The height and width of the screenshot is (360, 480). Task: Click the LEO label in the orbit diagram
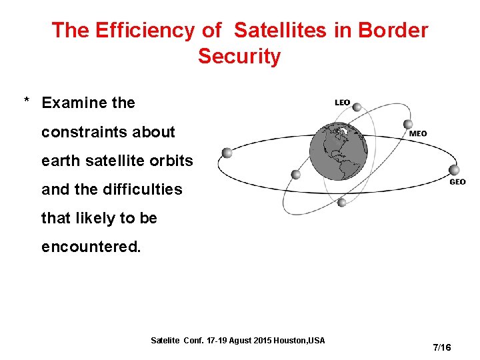tap(342, 103)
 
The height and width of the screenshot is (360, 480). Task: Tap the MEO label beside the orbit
tap(418, 133)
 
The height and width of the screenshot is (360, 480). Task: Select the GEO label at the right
tap(457, 181)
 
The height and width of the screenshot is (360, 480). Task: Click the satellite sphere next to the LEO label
tap(357, 107)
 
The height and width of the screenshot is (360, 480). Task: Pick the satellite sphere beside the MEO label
tap(408, 124)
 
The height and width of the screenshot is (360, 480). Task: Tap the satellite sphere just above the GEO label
tap(454, 170)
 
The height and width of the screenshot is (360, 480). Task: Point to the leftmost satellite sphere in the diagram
tap(227, 153)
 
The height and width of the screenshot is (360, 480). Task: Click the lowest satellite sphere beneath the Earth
tap(341, 202)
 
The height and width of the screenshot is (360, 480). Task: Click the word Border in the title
tap(393, 30)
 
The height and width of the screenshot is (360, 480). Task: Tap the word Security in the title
tap(239, 57)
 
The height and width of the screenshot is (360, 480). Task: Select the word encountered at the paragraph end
tap(91, 247)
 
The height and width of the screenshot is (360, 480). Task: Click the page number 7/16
tap(442, 347)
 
